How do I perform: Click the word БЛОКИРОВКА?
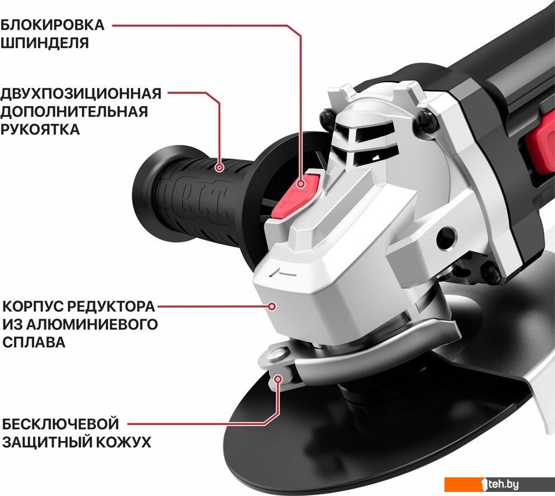(52, 25)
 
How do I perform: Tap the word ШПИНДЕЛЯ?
(44, 43)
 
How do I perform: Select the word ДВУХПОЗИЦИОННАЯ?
(81, 94)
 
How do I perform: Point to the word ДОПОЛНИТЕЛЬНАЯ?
(74, 111)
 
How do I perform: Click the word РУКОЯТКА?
(40, 129)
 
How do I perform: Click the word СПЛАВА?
(34, 342)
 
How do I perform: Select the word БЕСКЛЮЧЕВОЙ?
(61, 424)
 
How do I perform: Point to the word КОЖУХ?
(124, 442)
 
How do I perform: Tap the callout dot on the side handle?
(220, 167)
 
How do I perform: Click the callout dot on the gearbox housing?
(272, 307)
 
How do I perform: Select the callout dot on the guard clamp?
(279, 379)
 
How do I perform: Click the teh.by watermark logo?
(500, 484)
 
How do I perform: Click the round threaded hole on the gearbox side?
(447, 235)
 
